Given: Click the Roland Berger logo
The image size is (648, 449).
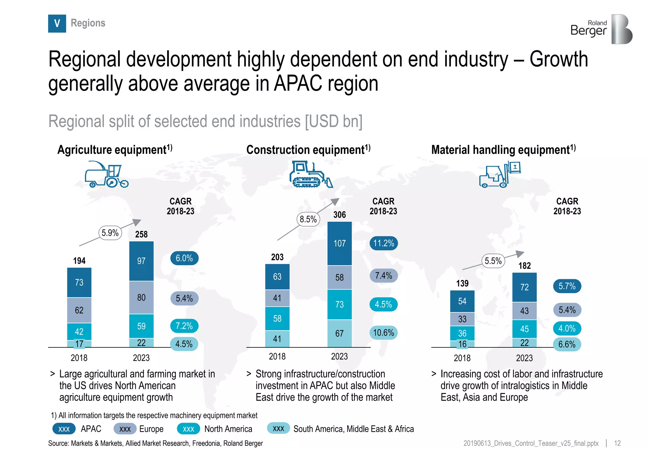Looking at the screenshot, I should [x=601, y=29].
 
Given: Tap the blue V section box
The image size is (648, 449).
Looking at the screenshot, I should [x=57, y=23].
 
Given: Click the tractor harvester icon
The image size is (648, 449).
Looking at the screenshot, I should [x=107, y=174].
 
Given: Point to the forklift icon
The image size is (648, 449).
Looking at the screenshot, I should [x=500, y=174].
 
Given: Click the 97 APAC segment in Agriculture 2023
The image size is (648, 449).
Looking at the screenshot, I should [x=141, y=261].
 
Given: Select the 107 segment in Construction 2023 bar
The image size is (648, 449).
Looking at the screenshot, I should [x=339, y=243].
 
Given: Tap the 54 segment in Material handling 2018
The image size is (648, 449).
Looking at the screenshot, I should [x=462, y=301].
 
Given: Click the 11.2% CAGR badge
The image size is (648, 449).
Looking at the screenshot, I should [x=383, y=243].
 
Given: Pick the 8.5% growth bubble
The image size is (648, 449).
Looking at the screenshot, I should [x=308, y=219].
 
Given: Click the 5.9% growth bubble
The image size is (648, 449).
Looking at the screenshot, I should [x=110, y=233].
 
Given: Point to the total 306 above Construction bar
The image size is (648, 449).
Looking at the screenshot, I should [x=339, y=215].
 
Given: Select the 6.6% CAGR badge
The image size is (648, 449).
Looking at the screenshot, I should [x=567, y=344].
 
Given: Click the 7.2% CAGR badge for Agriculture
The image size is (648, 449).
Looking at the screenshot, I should [x=184, y=326].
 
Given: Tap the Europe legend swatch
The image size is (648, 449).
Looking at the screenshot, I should [x=125, y=429].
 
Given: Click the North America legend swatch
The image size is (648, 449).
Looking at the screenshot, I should [x=188, y=429].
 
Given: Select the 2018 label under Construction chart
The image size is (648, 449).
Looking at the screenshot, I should [x=277, y=357].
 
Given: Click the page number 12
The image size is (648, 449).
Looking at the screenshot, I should [x=617, y=443].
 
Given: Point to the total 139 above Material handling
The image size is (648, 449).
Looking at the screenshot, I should [x=462, y=283].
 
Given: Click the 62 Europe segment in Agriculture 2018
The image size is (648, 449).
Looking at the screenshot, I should [x=79, y=310].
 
